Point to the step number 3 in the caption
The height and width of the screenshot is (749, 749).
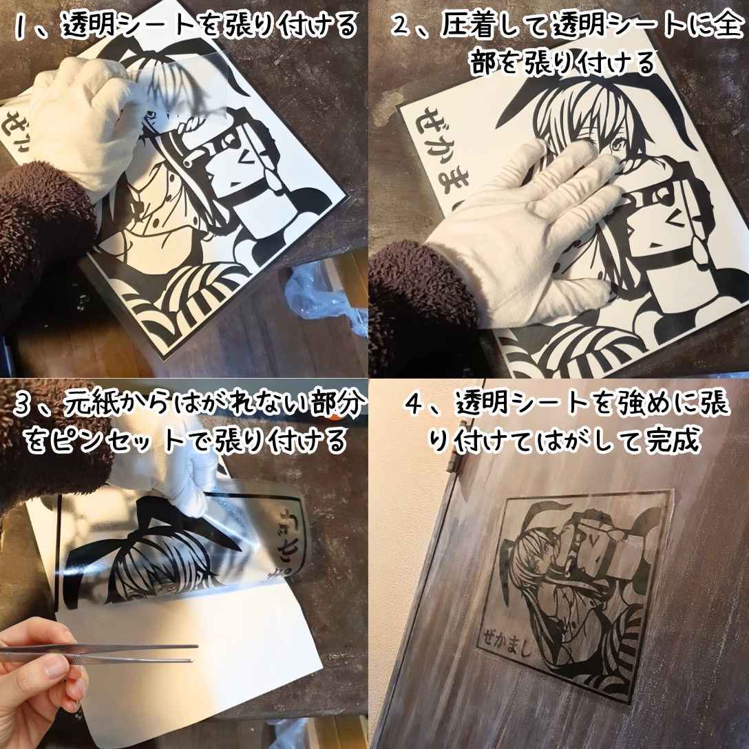[25, 407]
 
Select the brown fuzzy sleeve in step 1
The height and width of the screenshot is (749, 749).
[34, 227]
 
